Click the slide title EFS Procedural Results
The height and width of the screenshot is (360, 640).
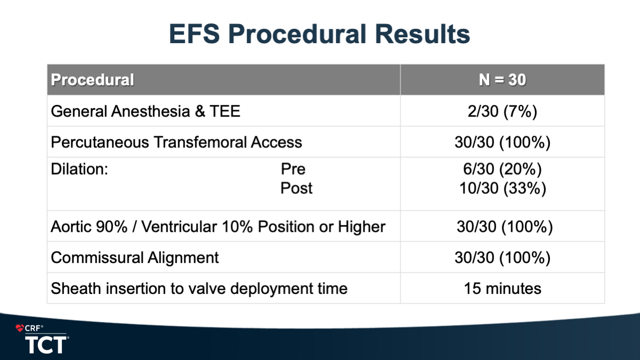point(319,34)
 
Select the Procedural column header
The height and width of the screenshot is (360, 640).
point(92,80)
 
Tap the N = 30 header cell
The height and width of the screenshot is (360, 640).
point(503,80)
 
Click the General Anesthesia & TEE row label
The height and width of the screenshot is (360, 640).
point(145,111)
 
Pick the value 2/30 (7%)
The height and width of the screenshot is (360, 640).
point(503,111)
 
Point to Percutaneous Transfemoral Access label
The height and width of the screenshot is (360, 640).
point(176,142)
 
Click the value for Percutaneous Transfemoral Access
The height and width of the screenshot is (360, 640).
point(503,143)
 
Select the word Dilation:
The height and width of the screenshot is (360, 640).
point(79,169)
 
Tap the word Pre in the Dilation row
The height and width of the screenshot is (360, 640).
point(293,169)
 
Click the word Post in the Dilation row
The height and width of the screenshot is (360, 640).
point(297,188)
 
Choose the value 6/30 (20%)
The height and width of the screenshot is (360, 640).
point(503,169)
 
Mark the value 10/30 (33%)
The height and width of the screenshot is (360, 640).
point(503,189)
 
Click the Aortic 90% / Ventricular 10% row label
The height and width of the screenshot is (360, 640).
point(218,227)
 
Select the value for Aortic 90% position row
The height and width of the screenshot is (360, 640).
point(505,227)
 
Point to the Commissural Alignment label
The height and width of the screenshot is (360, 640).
point(135,258)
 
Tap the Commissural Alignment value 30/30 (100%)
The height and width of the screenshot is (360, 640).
point(503,258)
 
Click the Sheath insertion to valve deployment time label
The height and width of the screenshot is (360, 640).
point(199,288)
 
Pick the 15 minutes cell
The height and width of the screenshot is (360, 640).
point(503,288)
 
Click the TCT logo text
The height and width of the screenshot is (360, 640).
point(46,345)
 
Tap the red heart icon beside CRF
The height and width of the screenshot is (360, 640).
point(20,328)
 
